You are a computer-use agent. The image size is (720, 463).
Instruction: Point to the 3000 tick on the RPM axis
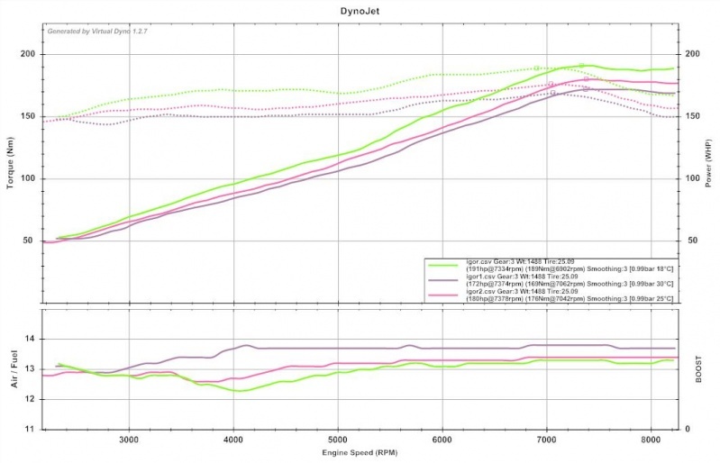click(x=129, y=440)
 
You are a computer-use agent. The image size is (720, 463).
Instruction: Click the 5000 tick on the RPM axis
click(x=338, y=440)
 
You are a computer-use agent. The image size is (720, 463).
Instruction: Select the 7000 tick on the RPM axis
click(x=546, y=440)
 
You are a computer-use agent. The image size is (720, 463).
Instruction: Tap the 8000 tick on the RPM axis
click(x=651, y=440)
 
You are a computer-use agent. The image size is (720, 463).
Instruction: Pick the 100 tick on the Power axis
click(x=692, y=178)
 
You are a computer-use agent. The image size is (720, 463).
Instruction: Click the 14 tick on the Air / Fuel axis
click(x=30, y=339)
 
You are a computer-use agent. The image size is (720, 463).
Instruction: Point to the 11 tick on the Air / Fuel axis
click(x=30, y=430)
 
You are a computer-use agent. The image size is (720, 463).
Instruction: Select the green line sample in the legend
click(x=442, y=266)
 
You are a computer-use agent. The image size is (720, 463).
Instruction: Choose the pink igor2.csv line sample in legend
click(x=442, y=295)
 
